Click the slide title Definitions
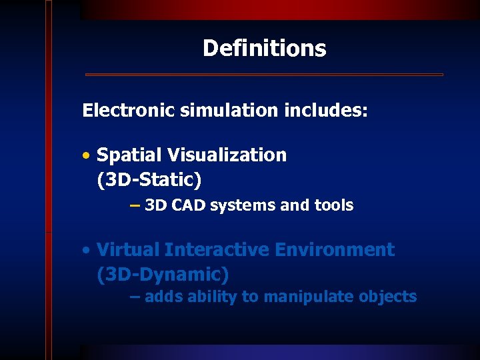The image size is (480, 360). (264, 48)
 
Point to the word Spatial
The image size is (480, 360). (129, 155)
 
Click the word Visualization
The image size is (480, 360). (227, 155)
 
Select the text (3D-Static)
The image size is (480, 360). (149, 180)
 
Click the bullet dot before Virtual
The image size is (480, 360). (87, 251)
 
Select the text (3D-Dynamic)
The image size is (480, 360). (163, 275)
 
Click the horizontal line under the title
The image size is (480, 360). (264, 75)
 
